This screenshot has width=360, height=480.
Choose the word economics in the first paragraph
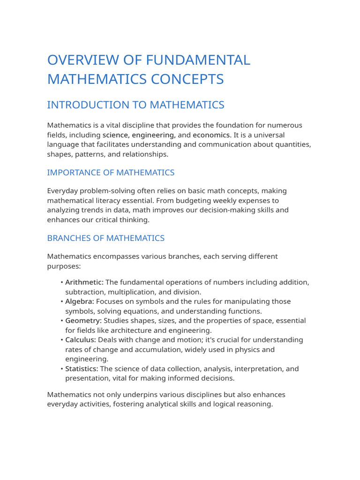click(x=212, y=135)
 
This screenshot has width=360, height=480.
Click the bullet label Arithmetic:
click(x=84, y=282)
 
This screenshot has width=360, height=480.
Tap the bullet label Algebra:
click(x=80, y=301)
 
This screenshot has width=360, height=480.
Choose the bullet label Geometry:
click(x=83, y=321)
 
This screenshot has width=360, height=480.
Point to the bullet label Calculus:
click(x=81, y=340)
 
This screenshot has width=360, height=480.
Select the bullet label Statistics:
click(x=82, y=369)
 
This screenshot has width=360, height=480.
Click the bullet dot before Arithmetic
click(x=62, y=282)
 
